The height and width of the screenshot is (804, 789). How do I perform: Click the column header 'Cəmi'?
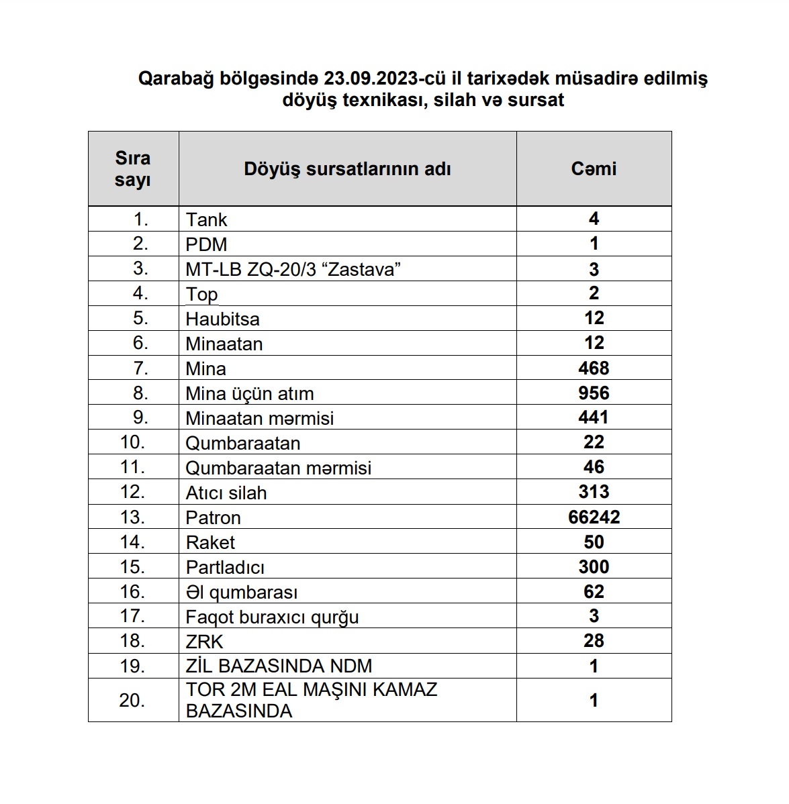point(594,168)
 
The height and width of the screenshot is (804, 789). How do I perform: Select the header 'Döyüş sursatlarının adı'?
point(347,168)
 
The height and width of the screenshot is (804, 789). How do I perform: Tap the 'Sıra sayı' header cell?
point(133,168)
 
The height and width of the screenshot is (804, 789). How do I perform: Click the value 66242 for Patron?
point(594,517)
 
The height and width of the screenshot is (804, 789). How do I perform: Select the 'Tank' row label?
point(207,219)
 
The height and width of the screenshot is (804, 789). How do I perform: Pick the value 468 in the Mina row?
point(594,368)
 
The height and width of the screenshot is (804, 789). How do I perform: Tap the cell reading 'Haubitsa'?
point(223,319)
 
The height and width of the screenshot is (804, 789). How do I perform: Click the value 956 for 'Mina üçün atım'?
point(594,393)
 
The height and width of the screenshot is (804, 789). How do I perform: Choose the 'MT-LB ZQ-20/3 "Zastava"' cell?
point(293,269)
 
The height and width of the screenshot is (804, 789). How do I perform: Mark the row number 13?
point(133,517)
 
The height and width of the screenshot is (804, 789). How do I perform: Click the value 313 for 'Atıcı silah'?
point(594,492)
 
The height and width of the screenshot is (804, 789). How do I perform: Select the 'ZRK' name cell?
point(204,642)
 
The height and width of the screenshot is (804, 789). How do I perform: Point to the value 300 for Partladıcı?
point(594,566)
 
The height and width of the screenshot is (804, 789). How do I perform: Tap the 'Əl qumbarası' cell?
point(242,592)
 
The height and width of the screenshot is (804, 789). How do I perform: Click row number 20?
point(133,700)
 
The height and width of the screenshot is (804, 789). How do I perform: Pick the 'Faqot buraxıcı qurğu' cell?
point(272,617)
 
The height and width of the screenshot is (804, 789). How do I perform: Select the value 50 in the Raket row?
point(594,542)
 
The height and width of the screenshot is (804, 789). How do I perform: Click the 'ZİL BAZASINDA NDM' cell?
point(279,666)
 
